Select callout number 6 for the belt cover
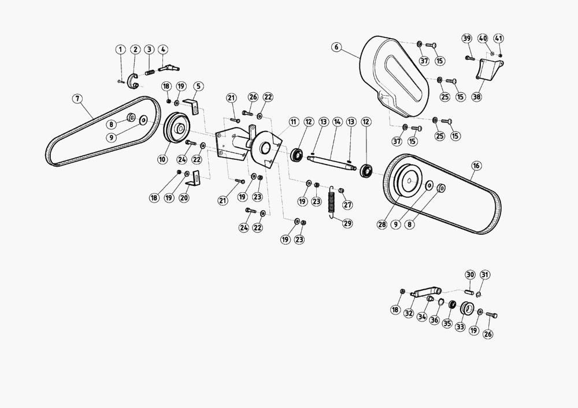[x=336, y=47]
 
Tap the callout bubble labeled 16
[x=476, y=166]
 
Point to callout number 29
[x=347, y=223]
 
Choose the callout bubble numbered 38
[x=477, y=97]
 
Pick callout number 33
[x=460, y=327]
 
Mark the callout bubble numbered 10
[x=162, y=159]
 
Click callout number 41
[x=498, y=38]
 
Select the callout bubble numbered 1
[x=120, y=50]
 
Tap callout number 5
[x=198, y=87]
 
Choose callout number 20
[x=184, y=198]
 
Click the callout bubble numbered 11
[x=294, y=122]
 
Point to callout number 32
[x=409, y=313]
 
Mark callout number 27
[x=347, y=205]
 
